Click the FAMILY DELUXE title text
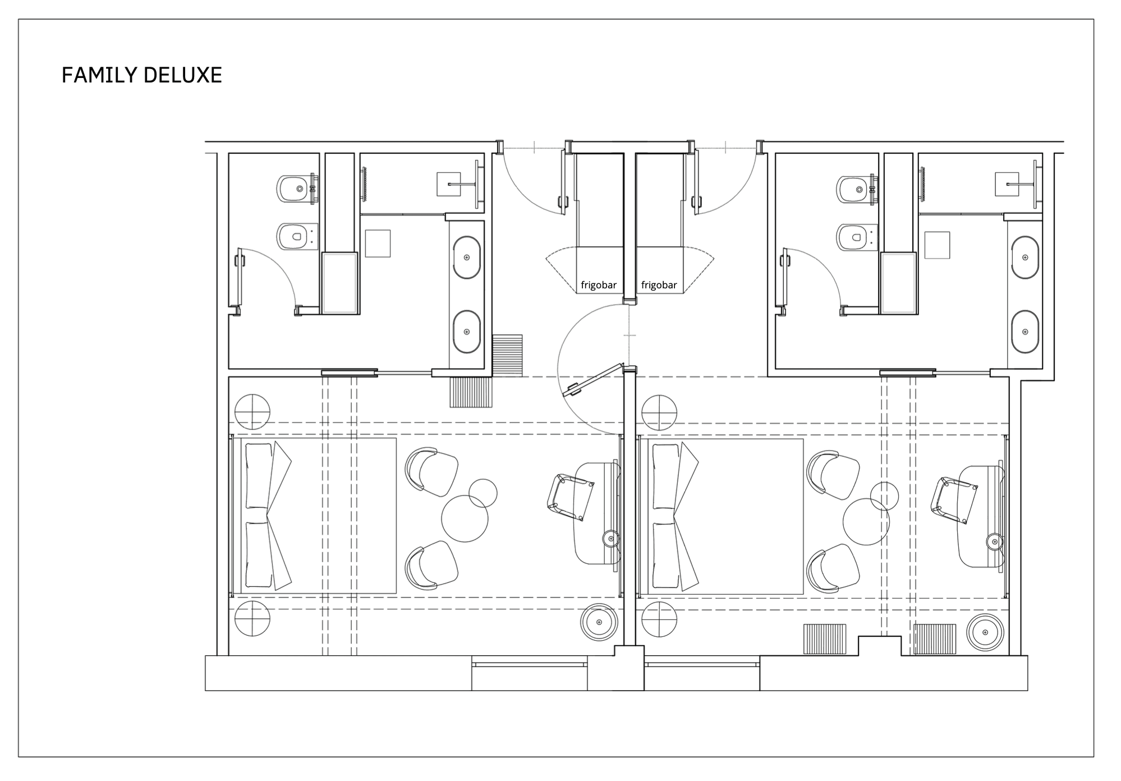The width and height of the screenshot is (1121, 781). click(141, 75)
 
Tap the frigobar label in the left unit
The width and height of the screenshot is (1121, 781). click(598, 285)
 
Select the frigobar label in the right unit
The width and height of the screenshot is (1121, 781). click(659, 285)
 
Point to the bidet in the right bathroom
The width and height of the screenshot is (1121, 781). click(857, 189)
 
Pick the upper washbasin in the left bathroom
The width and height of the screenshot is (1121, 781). click(467, 258)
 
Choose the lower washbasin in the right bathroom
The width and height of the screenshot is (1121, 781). click(1025, 332)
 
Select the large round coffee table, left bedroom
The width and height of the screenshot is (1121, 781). click(465, 518)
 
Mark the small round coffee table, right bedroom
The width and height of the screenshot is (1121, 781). click(884, 496)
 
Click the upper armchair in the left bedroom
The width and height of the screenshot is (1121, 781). click(431, 472)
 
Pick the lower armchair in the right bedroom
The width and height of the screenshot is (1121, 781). click(833, 568)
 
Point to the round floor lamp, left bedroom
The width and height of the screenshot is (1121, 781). click(599, 622)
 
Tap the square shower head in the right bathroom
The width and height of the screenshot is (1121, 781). click(1007, 184)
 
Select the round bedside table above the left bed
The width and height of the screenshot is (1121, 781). click(252, 412)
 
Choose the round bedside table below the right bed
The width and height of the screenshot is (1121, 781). click(659, 619)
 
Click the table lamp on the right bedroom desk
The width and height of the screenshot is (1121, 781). click(995, 541)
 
